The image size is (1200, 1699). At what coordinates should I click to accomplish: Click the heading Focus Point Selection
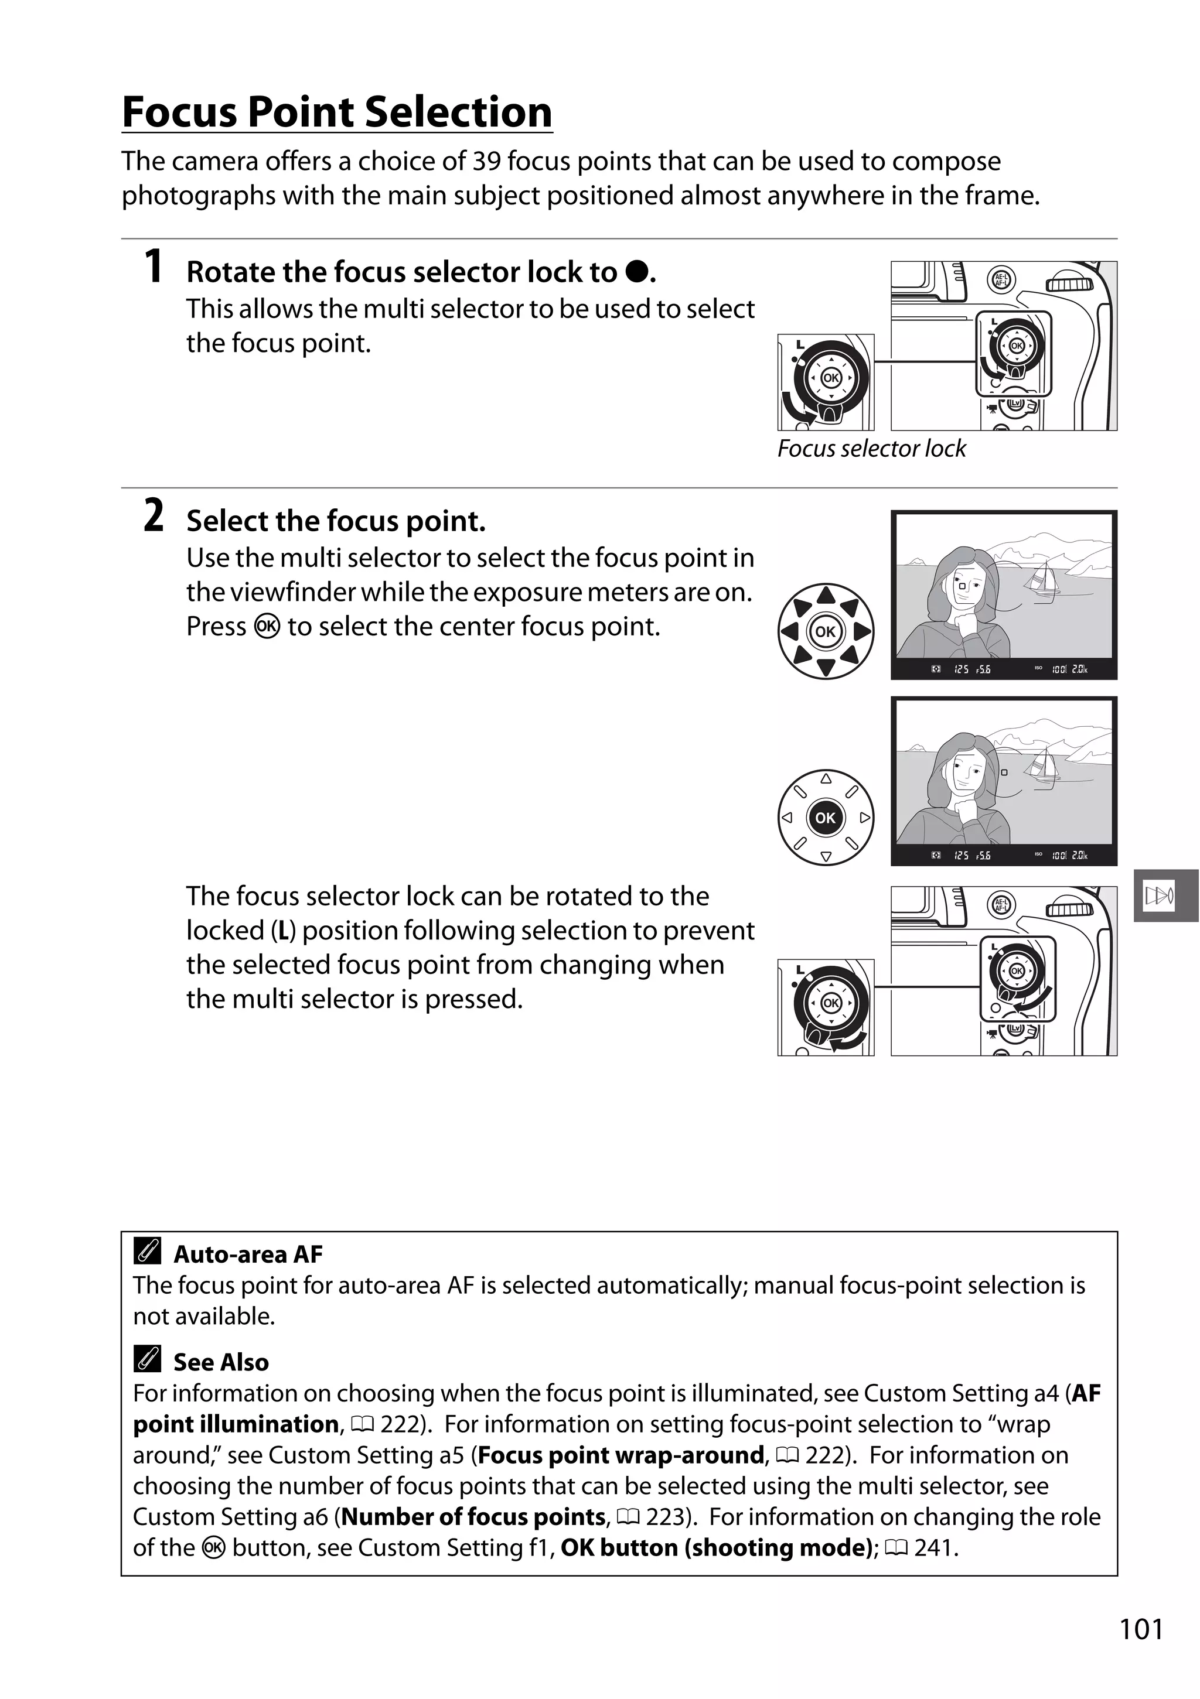[x=337, y=112]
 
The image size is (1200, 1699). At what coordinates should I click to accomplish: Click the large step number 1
[x=154, y=266]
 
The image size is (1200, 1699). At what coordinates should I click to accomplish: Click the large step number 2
[x=154, y=516]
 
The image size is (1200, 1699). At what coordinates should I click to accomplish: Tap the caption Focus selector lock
[x=871, y=449]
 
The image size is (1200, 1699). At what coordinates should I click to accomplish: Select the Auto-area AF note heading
[x=247, y=1254]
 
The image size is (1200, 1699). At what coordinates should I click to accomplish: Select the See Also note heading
[x=220, y=1362]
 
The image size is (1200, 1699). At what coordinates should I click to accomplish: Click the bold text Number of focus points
[x=474, y=1517]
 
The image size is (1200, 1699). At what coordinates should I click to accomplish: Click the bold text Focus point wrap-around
[x=621, y=1455]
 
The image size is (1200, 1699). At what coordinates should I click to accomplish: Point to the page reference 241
[x=936, y=1548]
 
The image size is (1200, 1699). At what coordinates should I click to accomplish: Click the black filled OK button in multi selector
[x=826, y=818]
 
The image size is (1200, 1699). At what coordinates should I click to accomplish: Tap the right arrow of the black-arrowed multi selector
[x=862, y=632]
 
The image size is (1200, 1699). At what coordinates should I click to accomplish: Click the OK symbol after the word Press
[x=267, y=627]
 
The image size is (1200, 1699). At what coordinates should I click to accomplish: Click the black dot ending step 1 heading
[x=636, y=272]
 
